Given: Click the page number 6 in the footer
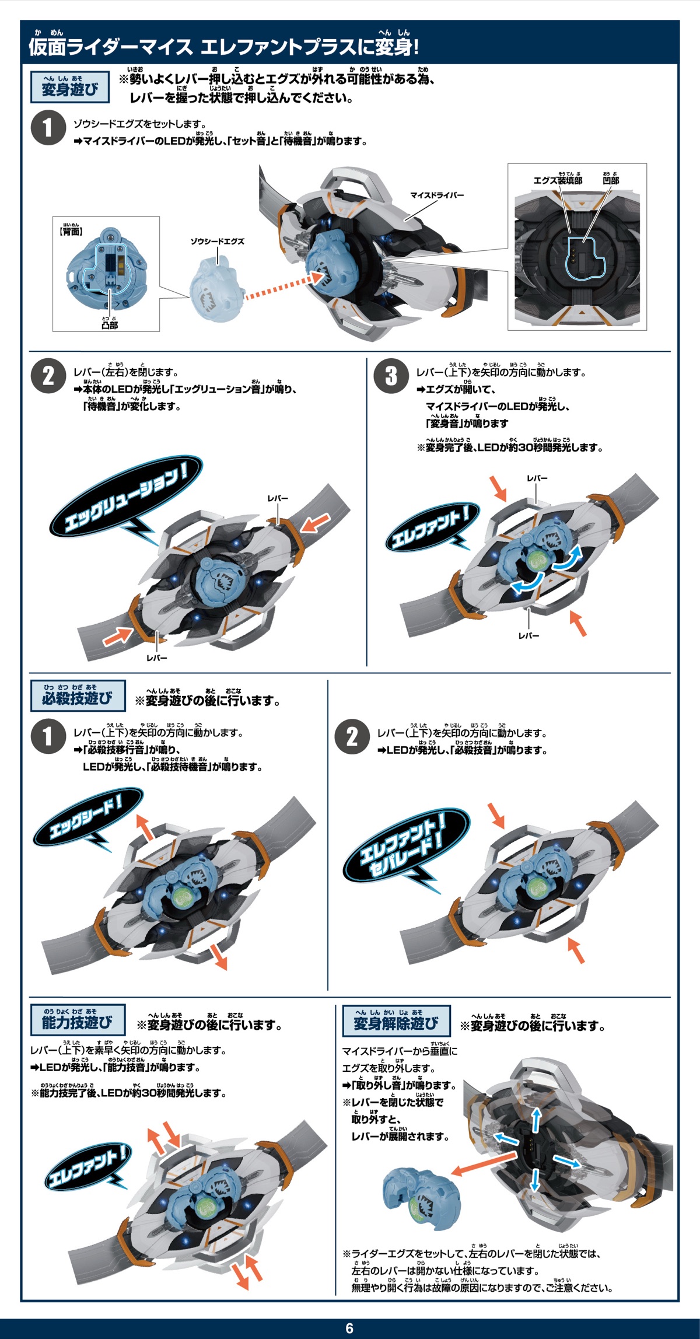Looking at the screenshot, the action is [349, 1328].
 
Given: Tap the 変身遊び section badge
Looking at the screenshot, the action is [70, 87].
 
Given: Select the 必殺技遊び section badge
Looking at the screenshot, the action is [78, 696].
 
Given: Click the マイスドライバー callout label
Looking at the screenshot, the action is [437, 195].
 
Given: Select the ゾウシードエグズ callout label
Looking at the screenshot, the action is [217, 241].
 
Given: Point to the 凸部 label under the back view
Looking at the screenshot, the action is [110, 325].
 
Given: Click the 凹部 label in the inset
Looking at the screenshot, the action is [610, 181].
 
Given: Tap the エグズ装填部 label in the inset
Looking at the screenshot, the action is [558, 181].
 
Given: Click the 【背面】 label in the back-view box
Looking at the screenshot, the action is [72, 232].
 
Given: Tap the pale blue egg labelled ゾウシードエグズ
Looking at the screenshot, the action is [217, 284].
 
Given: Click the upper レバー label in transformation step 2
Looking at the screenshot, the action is [277, 498].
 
